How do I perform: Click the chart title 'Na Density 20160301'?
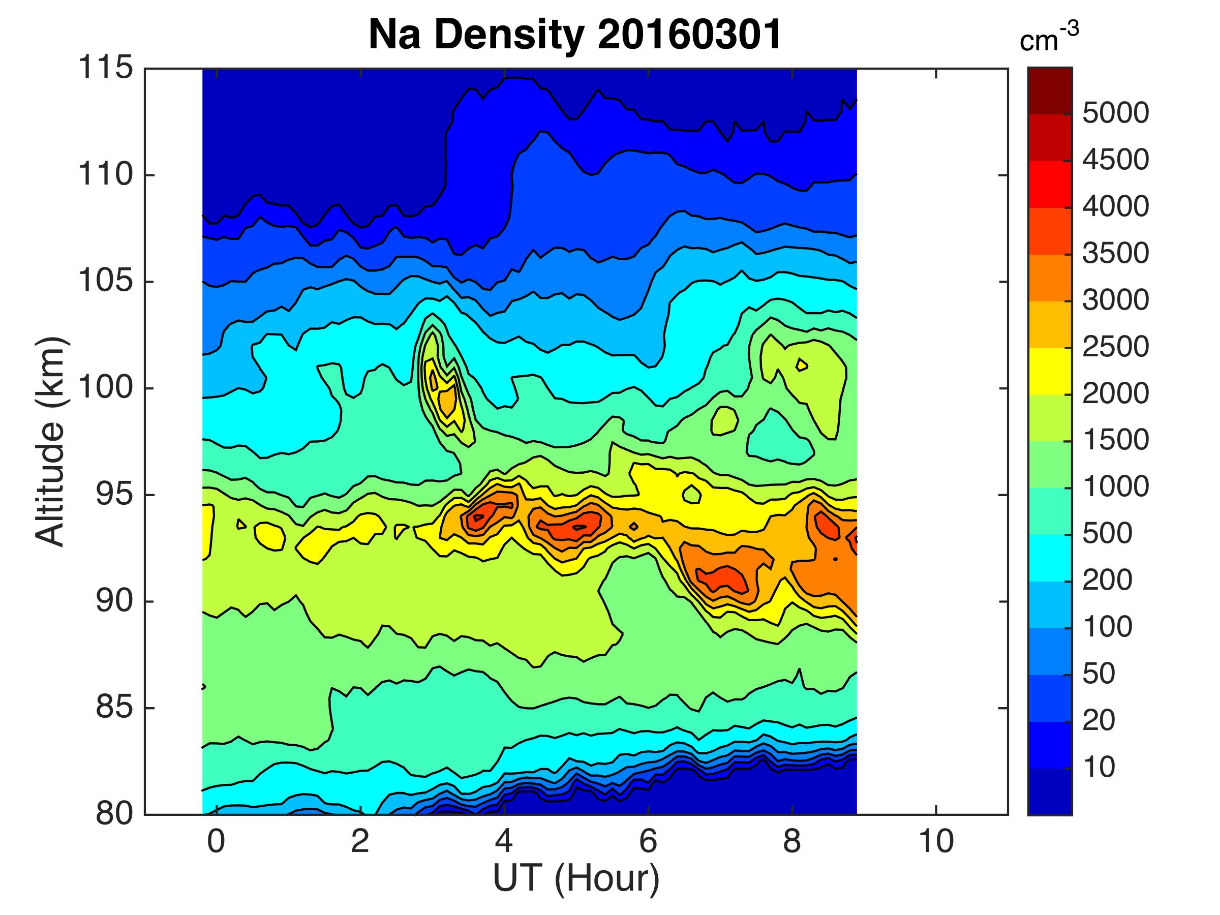(x=575, y=35)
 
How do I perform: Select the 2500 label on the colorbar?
(x=1115, y=347)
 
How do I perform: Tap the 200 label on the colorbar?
(x=1108, y=580)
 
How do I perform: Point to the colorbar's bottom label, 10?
(x=1099, y=767)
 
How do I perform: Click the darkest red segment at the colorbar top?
(x=1050, y=91)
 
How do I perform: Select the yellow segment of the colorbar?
(x=1050, y=371)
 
